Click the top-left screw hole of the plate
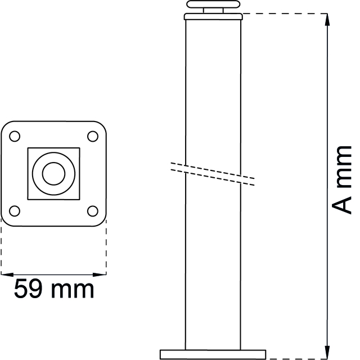15,136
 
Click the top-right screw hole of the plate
93,136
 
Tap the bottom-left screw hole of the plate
15,211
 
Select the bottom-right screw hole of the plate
93,211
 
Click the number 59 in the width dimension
28,290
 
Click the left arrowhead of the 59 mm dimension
4,274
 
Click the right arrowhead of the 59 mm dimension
102,274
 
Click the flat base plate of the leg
213,354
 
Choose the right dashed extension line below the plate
106,247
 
